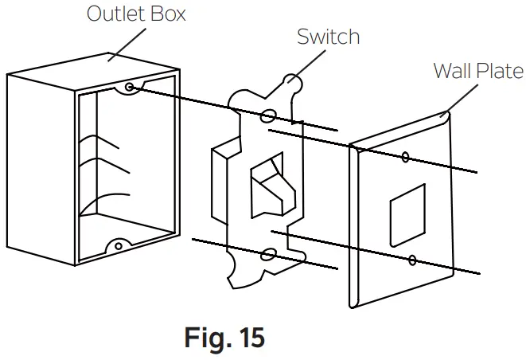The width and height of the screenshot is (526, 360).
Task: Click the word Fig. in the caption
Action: (202, 338)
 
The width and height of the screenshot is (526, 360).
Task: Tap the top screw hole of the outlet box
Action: (129, 85)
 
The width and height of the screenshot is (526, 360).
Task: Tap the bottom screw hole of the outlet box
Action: (118, 247)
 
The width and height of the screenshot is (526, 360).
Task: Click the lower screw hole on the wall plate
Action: (413, 260)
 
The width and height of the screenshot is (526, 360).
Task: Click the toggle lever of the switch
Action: (269, 185)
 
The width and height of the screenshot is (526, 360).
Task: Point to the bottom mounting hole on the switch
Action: (270, 254)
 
